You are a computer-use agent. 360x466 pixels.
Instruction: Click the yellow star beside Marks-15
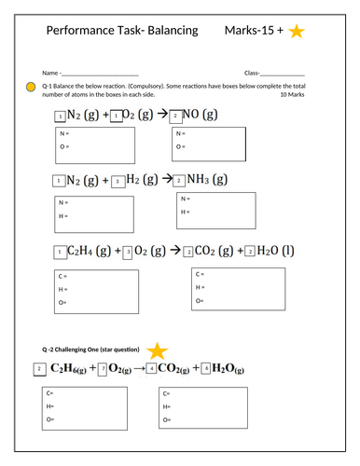click(x=297, y=33)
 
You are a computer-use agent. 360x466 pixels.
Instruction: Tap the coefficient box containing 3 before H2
click(x=117, y=182)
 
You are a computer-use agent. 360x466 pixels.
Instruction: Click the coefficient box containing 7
click(x=103, y=370)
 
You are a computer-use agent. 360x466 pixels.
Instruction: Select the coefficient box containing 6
click(x=205, y=370)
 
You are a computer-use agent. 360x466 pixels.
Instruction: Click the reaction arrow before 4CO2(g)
click(x=137, y=370)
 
